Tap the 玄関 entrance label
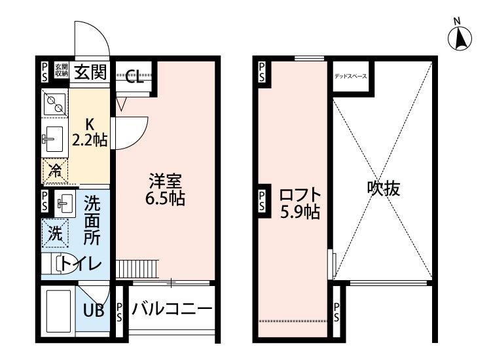(x=90, y=71)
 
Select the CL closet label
(x=134, y=79)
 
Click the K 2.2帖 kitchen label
(x=90, y=131)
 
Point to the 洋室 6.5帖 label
(x=165, y=189)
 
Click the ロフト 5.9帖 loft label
(x=299, y=203)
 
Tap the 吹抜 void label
(x=383, y=189)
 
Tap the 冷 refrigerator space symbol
(x=56, y=171)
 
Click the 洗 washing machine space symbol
(x=56, y=231)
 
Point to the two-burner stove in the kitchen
(x=54, y=103)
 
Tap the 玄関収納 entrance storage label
(x=61, y=70)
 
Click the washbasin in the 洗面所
(x=65, y=202)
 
